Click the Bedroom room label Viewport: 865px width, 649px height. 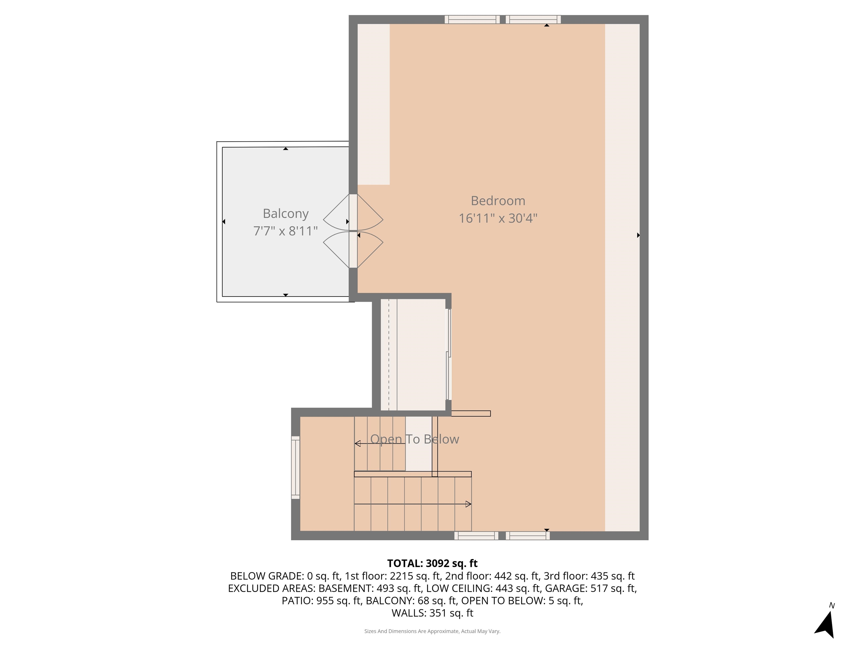(x=498, y=201)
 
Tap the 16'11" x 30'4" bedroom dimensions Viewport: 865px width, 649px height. (x=498, y=218)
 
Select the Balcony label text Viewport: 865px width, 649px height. (x=286, y=214)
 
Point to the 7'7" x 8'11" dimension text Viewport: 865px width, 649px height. (x=286, y=231)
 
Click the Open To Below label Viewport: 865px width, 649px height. (x=414, y=439)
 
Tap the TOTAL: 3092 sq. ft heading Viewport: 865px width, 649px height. (x=432, y=563)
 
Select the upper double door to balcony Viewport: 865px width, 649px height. (x=353, y=212)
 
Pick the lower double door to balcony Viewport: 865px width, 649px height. (x=353, y=250)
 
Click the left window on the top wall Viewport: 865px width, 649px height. (x=472, y=19)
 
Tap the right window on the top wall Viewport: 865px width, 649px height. (x=533, y=19)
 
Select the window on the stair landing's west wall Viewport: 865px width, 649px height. (x=296, y=468)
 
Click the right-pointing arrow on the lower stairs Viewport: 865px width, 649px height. (x=468, y=504)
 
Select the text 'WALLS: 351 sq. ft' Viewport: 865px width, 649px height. (x=432, y=613)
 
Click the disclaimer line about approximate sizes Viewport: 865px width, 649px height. (x=432, y=631)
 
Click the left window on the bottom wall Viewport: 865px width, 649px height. (x=476, y=536)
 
